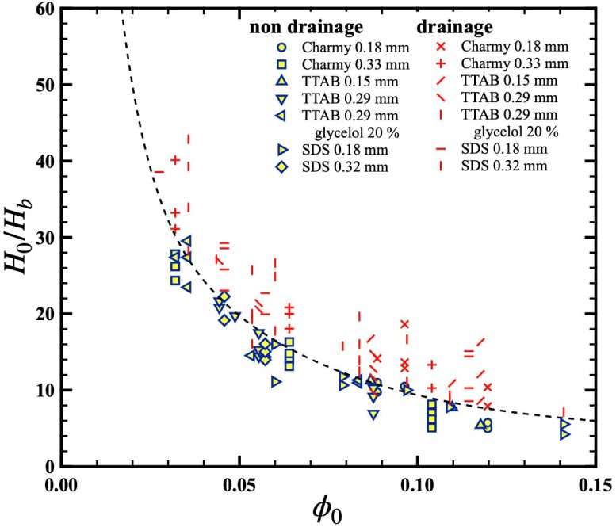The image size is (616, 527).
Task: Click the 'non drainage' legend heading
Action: pyautogui.click(x=297, y=26)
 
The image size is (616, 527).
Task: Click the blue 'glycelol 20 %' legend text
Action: pyautogui.click(x=337, y=131)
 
